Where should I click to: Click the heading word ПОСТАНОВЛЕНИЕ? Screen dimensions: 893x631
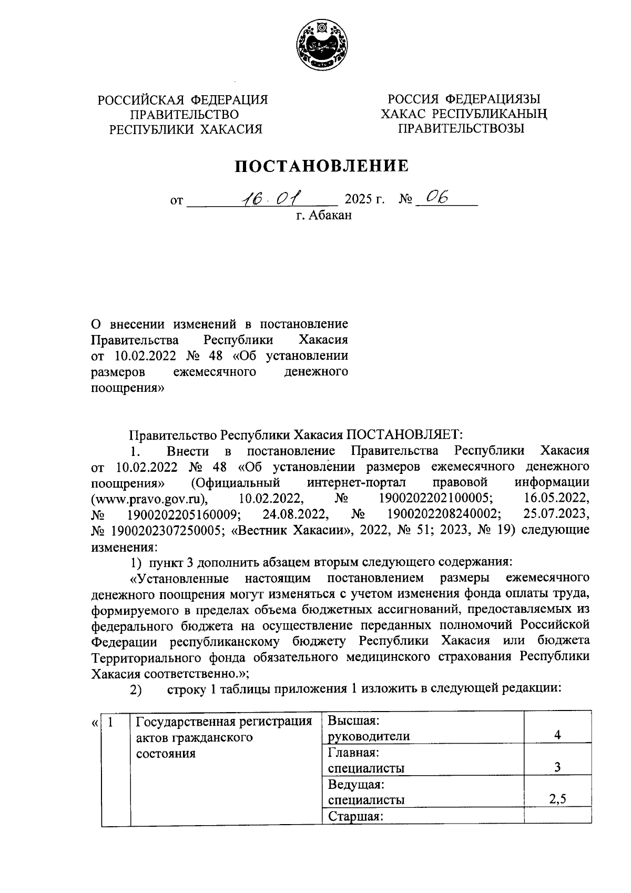[x=321, y=167]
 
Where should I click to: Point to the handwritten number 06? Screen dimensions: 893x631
[x=437, y=197]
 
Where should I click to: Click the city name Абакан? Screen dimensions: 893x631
[x=330, y=215]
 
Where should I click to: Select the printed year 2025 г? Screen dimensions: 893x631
[x=364, y=200]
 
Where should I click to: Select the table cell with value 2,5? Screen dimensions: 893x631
[x=557, y=800]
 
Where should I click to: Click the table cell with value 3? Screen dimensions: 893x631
[x=557, y=768]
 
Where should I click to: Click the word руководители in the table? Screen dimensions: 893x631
[x=369, y=736]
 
